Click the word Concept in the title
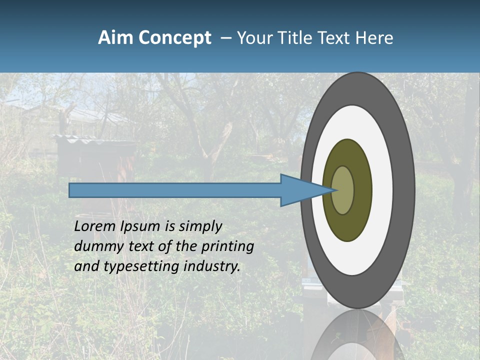(174, 38)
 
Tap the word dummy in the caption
(97, 246)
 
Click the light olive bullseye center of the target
(343, 190)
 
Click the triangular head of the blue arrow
(300, 190)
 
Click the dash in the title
(225, 38)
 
